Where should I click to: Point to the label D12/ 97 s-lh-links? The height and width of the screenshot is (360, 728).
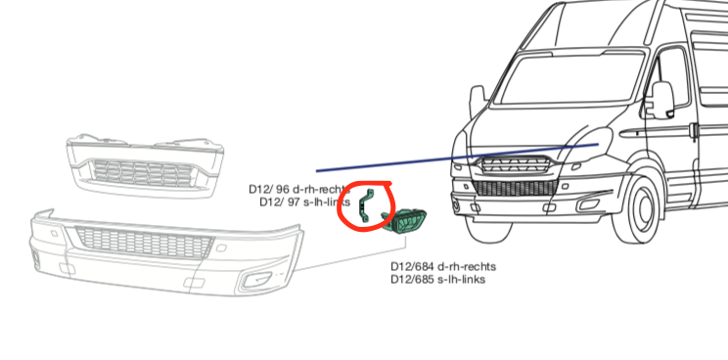click(304, 202)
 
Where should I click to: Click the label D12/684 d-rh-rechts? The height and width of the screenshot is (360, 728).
click(443, 266)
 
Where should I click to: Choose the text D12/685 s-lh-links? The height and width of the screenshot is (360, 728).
click(437, 280)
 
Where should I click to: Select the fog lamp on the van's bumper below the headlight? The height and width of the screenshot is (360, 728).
click(459, 203)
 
